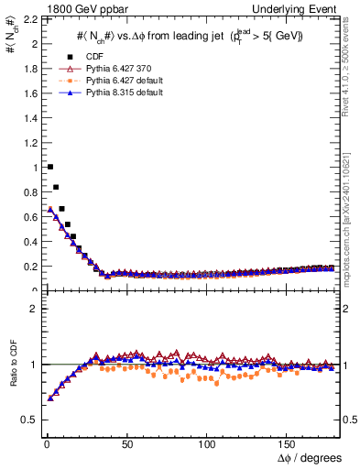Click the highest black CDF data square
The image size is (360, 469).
click(49, 167)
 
